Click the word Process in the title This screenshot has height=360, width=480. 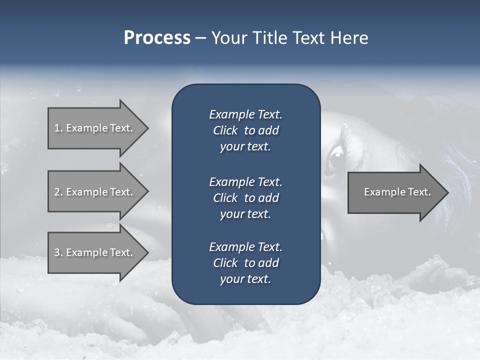tap(157, 38)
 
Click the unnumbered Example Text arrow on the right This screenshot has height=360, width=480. tap(397, 192)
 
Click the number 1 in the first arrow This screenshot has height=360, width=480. tap(57, 128)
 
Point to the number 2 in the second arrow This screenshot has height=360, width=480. tap(57, 192)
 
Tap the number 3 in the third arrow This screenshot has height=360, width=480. tap(57, 252)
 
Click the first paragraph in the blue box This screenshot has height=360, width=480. tap(245, 130)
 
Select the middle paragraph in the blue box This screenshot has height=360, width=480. tap(245, 197)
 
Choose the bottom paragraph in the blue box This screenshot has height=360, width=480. tap(245, 263)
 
